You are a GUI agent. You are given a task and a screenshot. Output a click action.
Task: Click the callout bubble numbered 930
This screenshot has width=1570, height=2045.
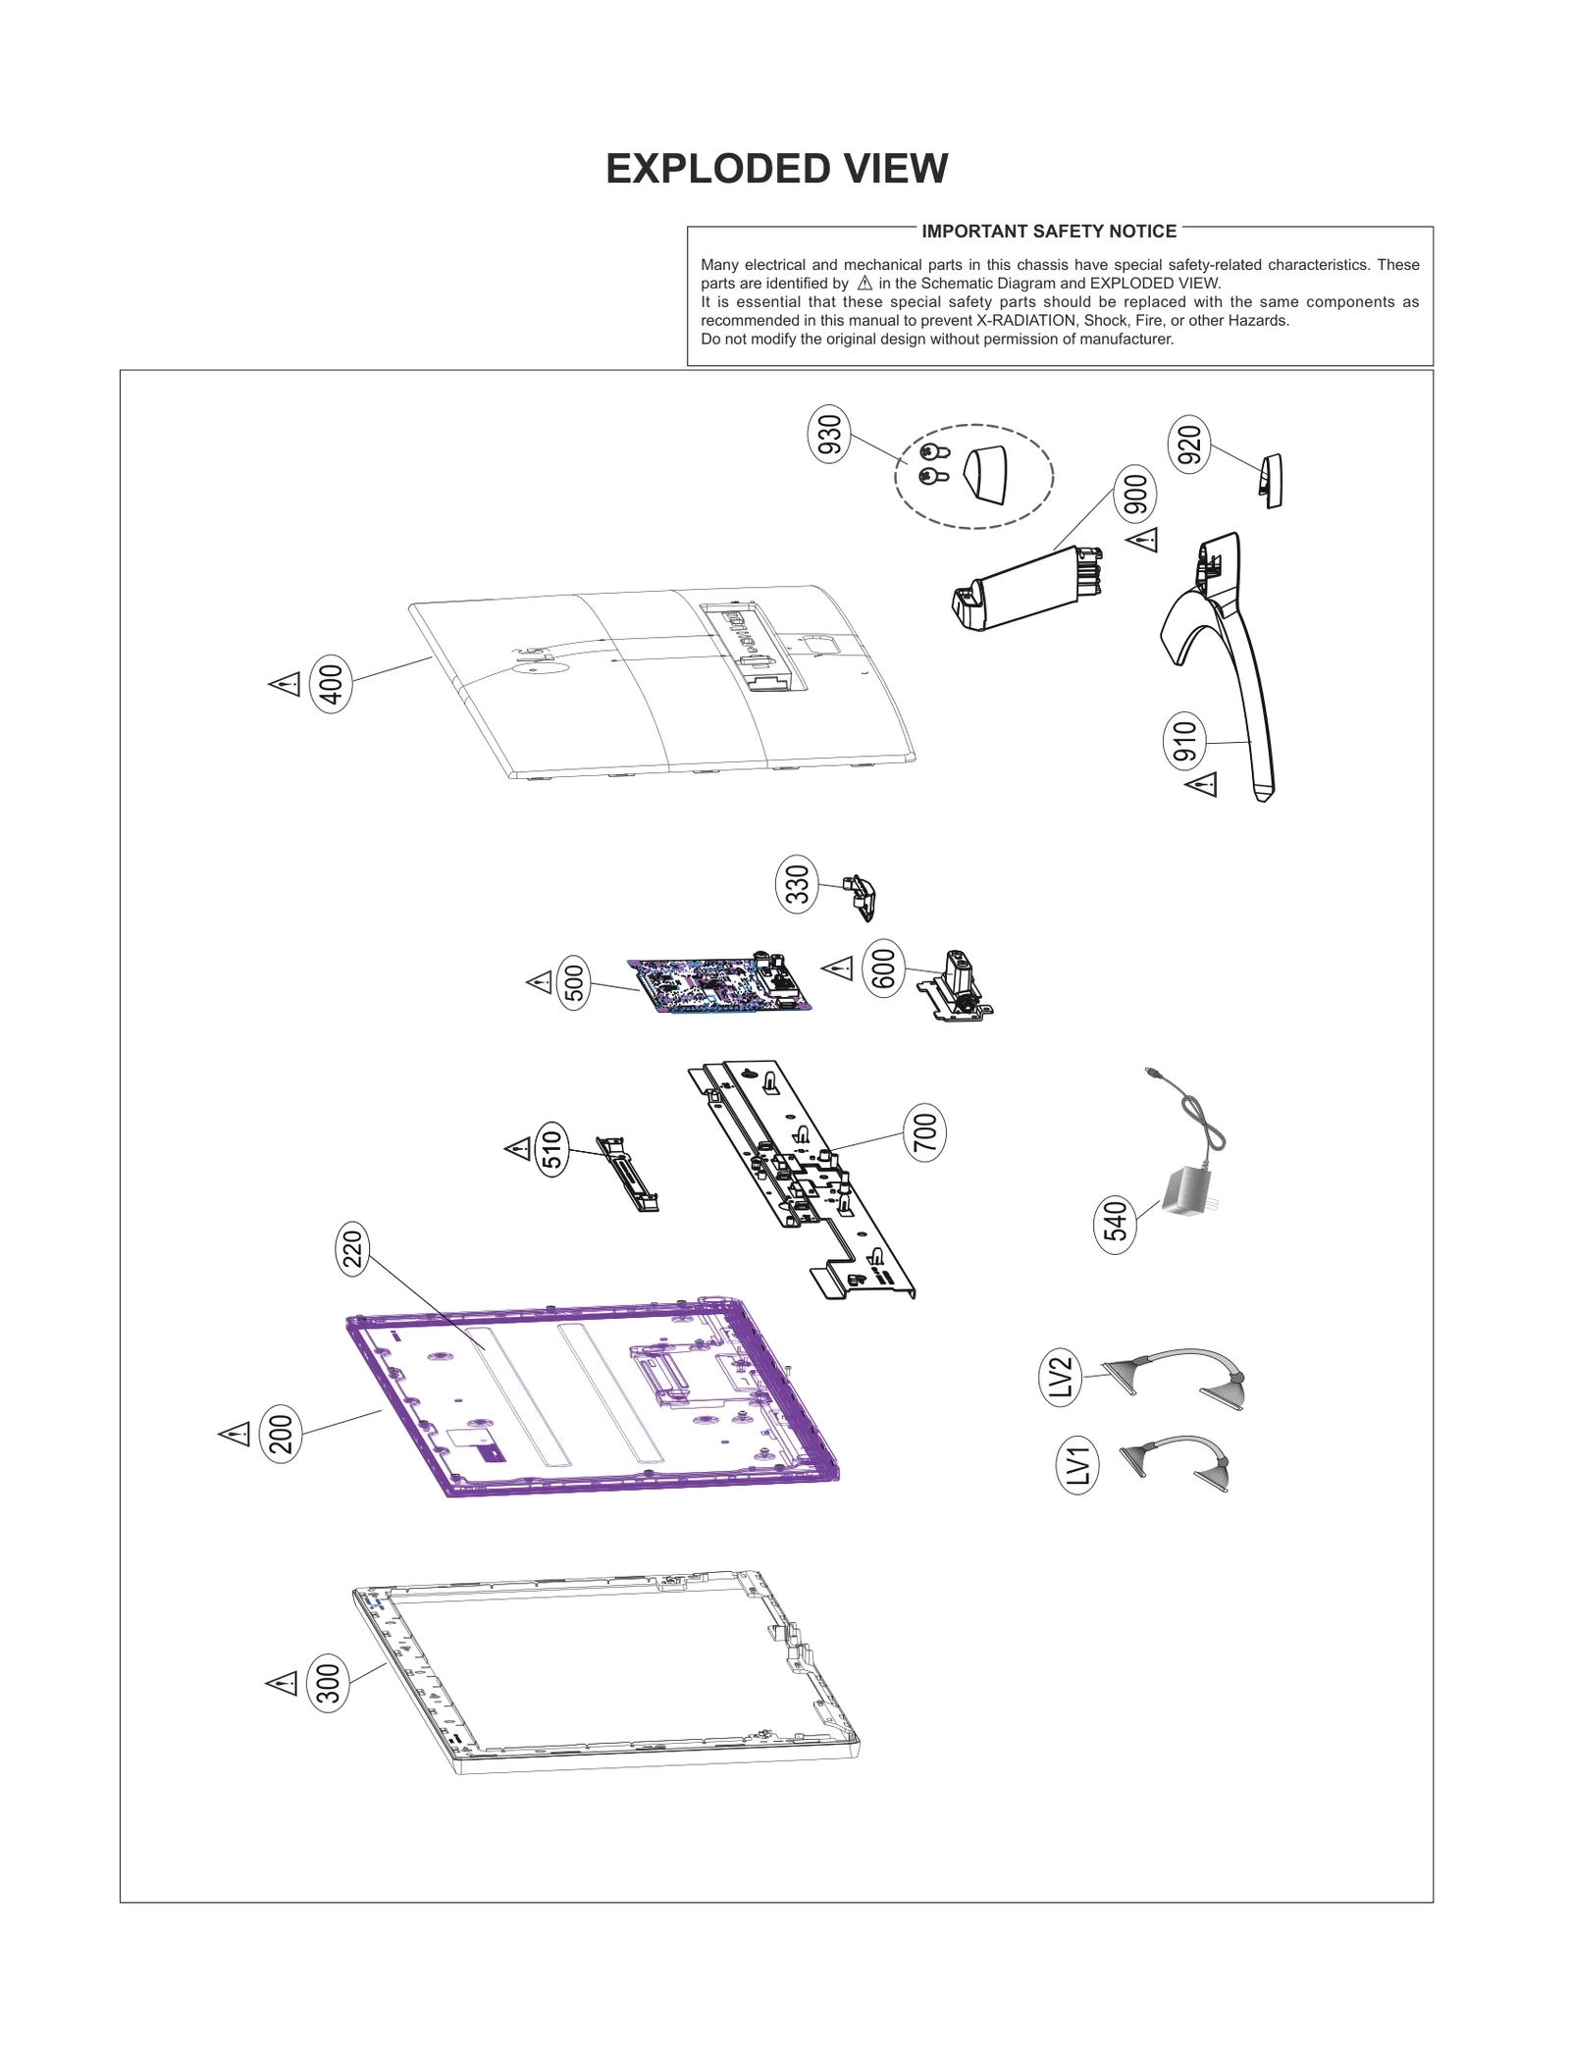click(829, 437)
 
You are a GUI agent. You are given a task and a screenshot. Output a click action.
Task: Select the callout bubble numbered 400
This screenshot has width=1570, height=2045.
click(331, 684)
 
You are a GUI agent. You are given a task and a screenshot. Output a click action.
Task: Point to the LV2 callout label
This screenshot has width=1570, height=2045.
click(1060, 1378)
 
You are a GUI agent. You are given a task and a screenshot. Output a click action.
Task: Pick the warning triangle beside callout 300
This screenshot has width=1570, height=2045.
click(282, 1684)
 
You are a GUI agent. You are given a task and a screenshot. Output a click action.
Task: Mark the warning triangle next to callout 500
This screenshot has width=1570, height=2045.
click(540, 981)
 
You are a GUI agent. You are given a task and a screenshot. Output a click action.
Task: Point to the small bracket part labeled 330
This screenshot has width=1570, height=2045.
click(861, 896)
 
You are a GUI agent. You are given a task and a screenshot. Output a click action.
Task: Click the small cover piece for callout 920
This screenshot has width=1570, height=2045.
click(1271, 480)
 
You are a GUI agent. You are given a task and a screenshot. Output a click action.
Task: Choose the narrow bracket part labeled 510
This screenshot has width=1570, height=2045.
click(628, 1174)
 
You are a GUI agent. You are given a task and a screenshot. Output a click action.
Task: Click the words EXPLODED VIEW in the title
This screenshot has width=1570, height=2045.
click(776, 169)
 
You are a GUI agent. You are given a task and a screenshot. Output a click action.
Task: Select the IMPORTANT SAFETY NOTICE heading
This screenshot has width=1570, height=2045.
click(1048, 232)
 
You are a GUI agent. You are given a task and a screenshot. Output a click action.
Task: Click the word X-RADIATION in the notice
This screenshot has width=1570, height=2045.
click(1025, 321)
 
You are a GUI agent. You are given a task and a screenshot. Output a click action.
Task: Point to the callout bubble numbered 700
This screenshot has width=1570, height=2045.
click(923, 1132)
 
